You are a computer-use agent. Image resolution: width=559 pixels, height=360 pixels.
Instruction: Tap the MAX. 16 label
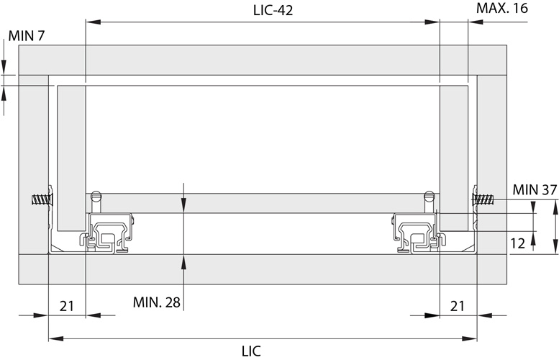pos(501,9)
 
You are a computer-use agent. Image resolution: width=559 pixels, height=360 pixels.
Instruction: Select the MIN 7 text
pos(26,35)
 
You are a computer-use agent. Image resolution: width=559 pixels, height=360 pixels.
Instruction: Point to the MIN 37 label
pos(535,189)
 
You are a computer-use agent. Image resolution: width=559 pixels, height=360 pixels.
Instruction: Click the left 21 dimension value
pos(67,306)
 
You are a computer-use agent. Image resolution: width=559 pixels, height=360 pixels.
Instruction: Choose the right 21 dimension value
pos(458,306)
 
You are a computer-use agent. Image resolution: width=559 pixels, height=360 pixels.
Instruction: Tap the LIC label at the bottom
pos(251,351)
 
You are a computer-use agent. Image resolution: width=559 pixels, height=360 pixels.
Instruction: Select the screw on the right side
pos(484,199)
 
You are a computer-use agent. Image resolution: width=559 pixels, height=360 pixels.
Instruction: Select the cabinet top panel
pos(263,60)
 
